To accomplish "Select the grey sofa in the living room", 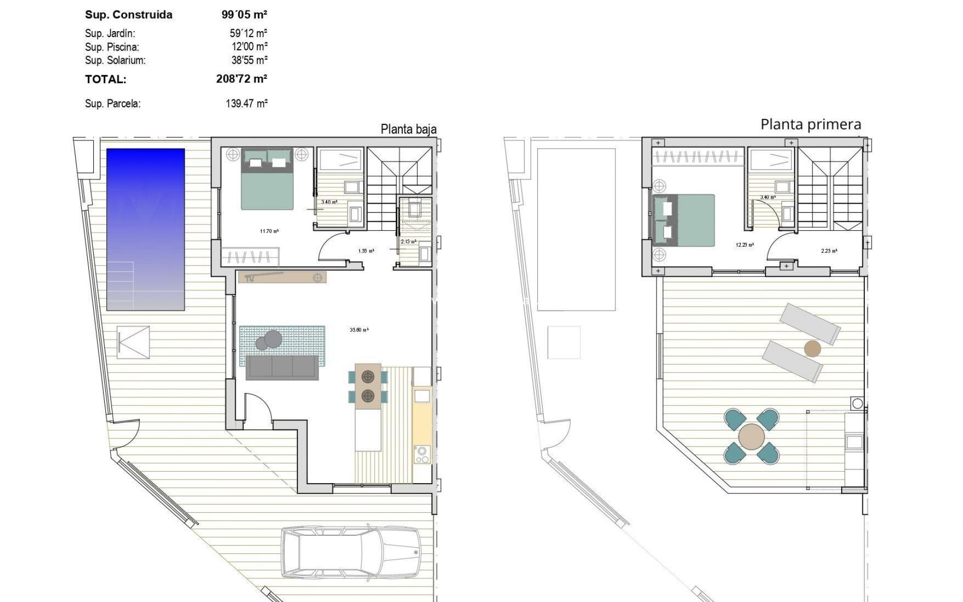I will pos(282,368).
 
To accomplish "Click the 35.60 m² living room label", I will pos(359,330).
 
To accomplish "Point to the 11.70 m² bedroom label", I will pos(269,231).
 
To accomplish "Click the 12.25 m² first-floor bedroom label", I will pos(745,245).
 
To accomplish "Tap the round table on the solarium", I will pos(752,436).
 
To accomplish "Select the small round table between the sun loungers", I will pos(812,349).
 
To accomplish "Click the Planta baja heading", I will pos(408,129).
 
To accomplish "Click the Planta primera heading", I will pos(811,124).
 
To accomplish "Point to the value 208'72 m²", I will pos(241,79).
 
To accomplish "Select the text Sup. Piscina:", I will pos(112,47).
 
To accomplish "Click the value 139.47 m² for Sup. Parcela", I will pos(246,104).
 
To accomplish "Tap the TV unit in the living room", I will pos(282,277).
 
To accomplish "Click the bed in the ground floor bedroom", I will pos(267,179).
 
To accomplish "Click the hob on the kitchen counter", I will pos(422,455).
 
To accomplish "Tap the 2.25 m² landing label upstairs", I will pos(829,251).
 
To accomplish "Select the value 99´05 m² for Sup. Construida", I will pos(244,15).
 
